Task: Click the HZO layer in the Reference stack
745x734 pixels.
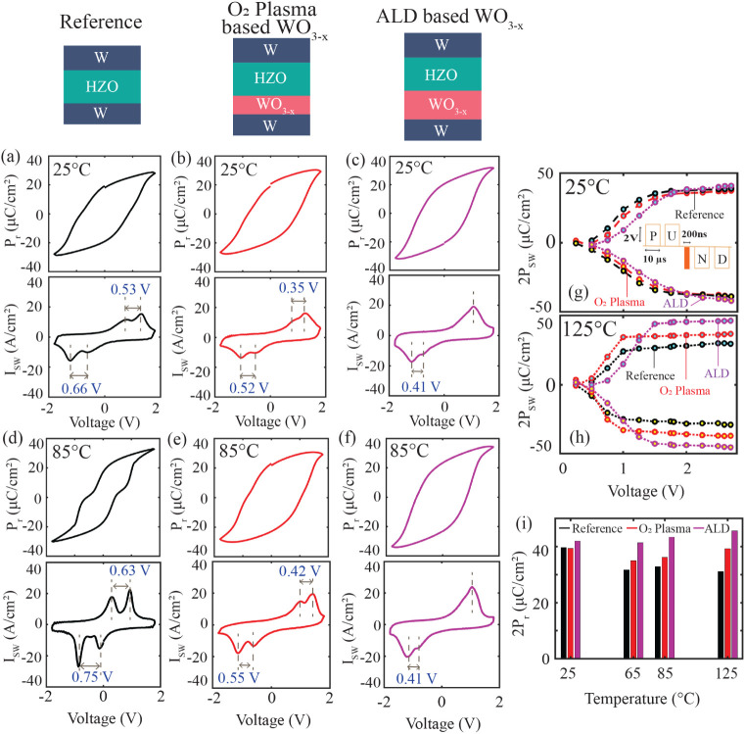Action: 102,86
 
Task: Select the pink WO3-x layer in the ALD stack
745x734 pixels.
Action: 442,105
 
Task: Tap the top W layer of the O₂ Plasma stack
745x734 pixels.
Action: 271,50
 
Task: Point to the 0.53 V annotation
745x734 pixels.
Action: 130,289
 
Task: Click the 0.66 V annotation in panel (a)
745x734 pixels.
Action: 81,389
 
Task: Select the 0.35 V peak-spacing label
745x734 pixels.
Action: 299,288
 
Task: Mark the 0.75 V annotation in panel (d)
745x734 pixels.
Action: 92,676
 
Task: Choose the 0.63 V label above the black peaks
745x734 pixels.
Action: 129,570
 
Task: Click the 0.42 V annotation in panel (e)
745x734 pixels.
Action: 301,571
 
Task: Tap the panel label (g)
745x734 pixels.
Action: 579,293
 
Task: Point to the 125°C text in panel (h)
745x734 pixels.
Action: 589,329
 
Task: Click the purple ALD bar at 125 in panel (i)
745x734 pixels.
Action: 734,595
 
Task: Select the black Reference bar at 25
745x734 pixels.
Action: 564,604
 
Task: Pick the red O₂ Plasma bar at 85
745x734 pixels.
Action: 665,608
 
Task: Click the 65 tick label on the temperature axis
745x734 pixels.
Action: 632,673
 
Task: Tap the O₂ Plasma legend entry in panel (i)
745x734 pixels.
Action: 660,528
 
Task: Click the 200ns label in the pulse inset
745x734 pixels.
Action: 694,234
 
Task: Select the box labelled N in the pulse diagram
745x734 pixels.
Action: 702,259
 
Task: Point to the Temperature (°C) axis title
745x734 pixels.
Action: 642,699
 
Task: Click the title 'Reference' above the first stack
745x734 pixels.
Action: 101,22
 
